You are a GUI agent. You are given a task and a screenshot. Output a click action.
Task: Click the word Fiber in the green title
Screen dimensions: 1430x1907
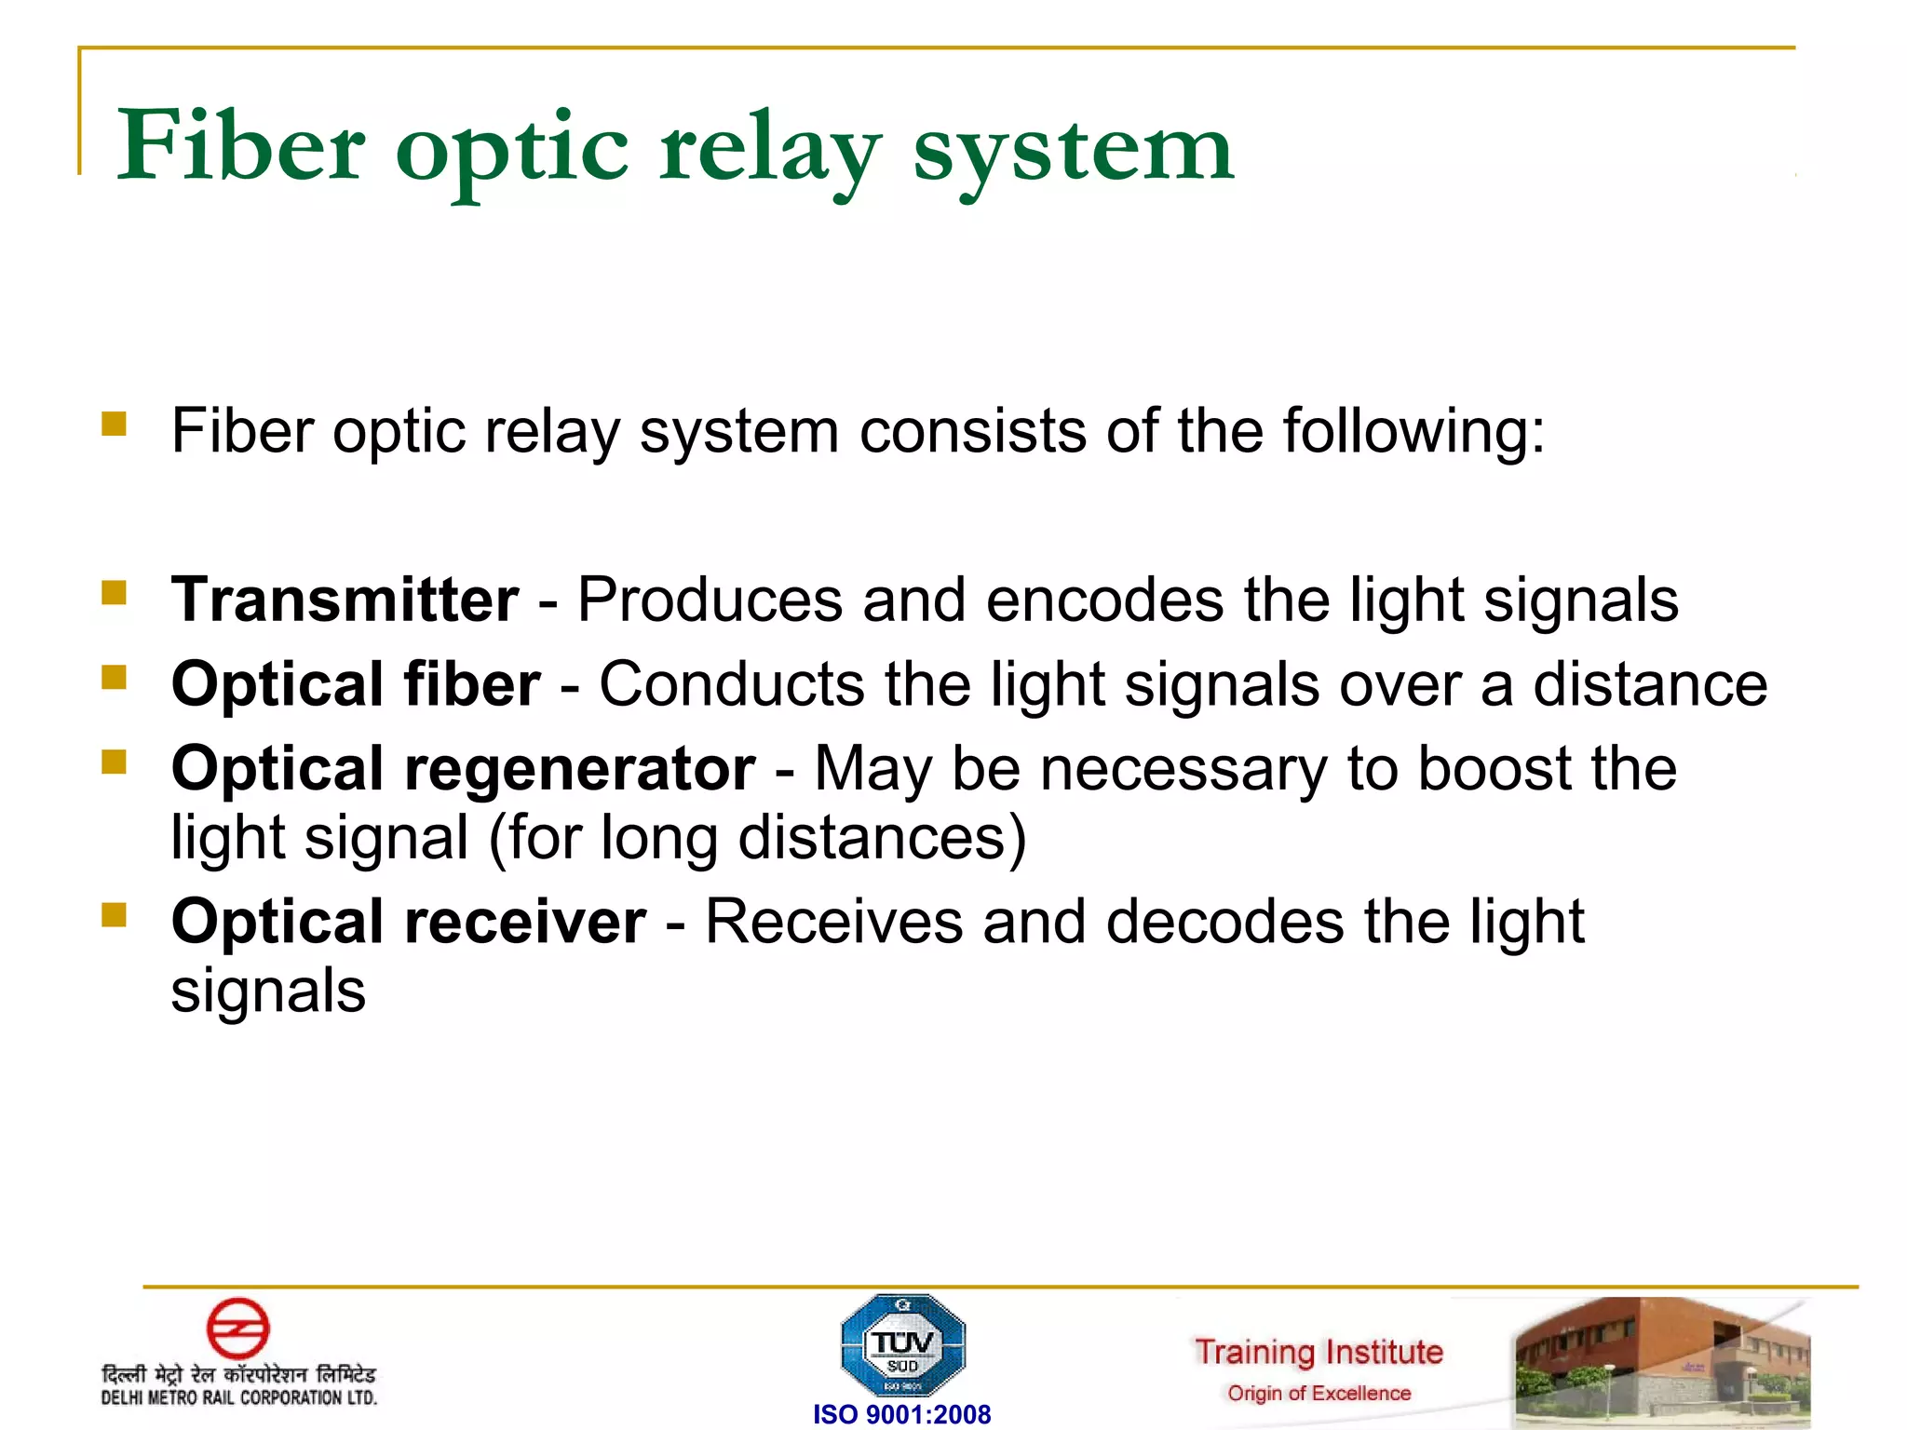tap(241, 146)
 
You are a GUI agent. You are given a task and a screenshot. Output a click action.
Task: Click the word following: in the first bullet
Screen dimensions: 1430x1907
tap(1413, 432)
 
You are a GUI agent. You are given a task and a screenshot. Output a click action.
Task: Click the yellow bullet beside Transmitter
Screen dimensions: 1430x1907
tap(114, 593)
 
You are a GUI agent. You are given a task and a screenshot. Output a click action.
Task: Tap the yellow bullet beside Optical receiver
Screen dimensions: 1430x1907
tap(114, 915)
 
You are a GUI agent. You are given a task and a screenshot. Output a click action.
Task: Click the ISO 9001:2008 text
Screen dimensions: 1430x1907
tap(901, 1414)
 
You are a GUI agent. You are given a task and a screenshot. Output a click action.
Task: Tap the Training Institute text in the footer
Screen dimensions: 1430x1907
tap(1319, 1352)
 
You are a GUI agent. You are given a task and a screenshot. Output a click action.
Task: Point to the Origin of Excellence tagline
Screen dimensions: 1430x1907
tap(1319, 1394)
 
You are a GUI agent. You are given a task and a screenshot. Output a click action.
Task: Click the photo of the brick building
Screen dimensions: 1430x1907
tap(1661, 1361)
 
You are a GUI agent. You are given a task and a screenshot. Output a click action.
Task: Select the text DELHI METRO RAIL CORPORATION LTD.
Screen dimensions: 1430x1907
tap(238, 1397)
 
